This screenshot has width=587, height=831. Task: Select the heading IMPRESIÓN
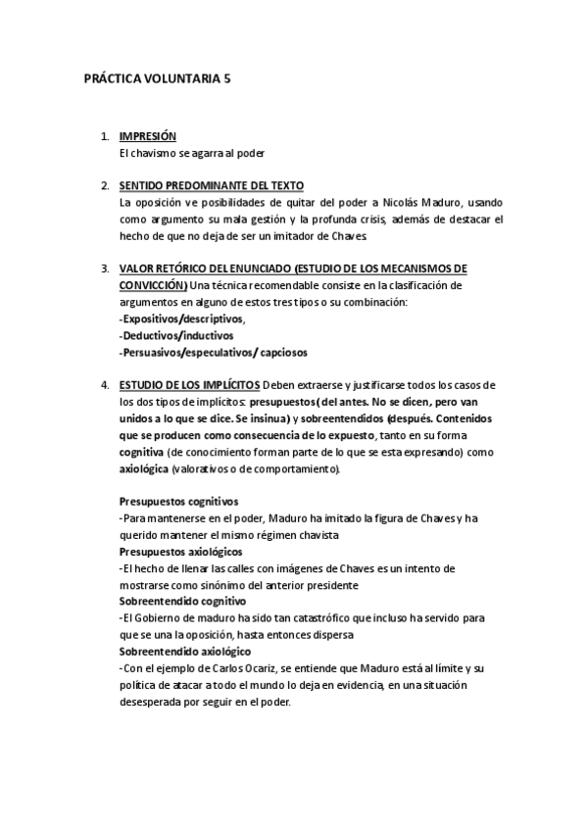tap(147, 137)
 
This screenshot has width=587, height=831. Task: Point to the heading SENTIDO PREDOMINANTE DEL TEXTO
tap(211, 185)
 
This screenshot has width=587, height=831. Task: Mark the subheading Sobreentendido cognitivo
tap(182, 601)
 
